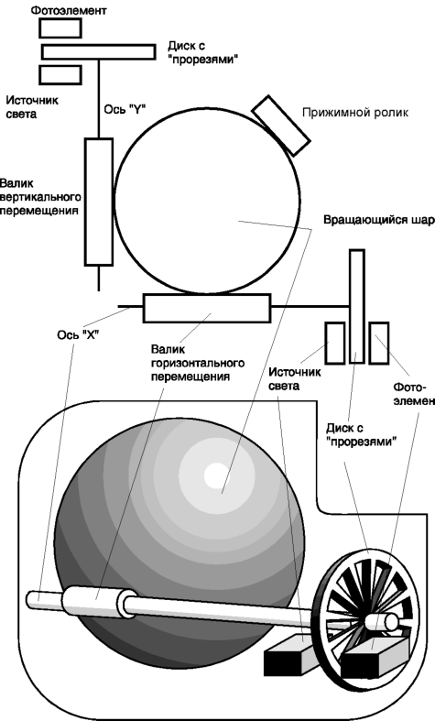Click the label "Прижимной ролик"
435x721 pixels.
(x=355, y=113)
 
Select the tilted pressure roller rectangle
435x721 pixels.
(x=281, y=126)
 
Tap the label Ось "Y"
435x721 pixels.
(x=125, y=109)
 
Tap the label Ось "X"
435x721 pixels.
(x=78, y=334)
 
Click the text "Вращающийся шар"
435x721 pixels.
(x=379, y=220)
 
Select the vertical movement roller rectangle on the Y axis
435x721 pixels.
(x=99, y=202)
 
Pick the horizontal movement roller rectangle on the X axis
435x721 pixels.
(x=206, y=308)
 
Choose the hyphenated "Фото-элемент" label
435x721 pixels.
(x=414, y=394)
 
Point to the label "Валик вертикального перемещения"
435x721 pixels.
(x=40, y=197)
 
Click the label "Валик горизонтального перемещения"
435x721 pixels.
(x=198, y=363)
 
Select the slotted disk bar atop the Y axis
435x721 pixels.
(x=98, y=52)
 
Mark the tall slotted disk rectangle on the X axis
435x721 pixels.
(x=357, y=307)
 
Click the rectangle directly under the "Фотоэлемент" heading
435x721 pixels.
(x=60, y=28)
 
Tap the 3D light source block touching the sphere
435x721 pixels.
(x=290, y=654)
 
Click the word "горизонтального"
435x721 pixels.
(x=198, y=363)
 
